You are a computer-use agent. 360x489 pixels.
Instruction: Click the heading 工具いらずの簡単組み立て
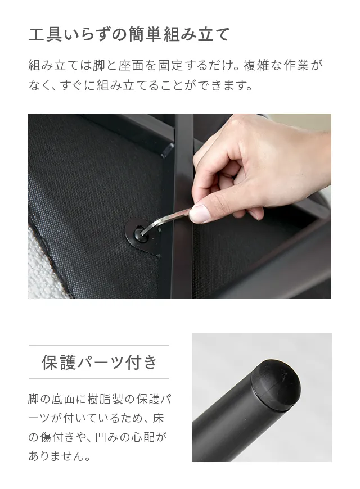point(129,34)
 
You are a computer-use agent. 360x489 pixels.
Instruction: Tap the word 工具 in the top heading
point(45,34)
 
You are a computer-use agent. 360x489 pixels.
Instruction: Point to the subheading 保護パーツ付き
point(99,362)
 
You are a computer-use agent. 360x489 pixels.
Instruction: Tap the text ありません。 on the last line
point(59,456)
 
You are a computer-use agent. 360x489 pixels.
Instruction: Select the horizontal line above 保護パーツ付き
point(99,345)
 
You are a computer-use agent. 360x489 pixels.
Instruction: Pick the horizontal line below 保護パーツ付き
point(99,379)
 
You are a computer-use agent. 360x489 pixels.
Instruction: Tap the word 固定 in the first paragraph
point(170,65)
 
